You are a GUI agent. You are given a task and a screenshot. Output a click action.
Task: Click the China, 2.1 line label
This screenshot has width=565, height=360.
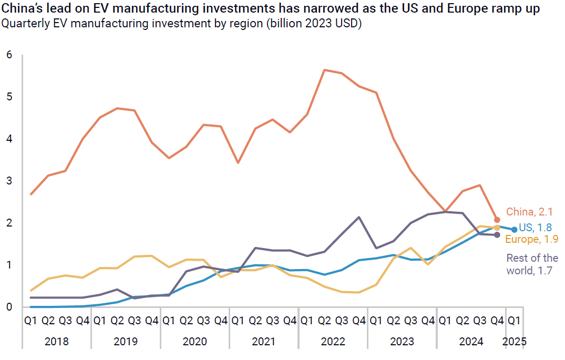point(529,212)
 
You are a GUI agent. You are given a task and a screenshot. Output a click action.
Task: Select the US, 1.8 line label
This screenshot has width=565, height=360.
point(536,228)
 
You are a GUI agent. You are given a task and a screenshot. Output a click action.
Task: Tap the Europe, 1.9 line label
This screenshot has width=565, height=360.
point(531,240)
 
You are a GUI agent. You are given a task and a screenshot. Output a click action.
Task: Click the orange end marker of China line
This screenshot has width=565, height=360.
point(497,220)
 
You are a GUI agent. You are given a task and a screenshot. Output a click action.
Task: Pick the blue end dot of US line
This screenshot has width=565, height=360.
point(515,230)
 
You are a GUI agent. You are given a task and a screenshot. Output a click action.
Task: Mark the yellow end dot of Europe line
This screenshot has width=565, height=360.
point(497,228)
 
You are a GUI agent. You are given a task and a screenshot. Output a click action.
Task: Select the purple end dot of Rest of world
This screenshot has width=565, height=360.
point(497,235)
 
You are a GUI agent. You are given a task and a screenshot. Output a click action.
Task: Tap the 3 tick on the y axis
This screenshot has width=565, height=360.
point(9,181)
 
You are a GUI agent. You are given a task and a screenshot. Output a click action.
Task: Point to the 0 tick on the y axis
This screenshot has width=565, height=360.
point(9,307)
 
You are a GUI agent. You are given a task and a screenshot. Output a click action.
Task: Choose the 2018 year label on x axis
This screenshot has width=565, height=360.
point(56,342)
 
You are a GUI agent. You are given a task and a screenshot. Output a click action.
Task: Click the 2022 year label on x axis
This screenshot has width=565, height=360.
point(333,342)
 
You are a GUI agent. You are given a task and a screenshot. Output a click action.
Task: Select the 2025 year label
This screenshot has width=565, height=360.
point(515,342)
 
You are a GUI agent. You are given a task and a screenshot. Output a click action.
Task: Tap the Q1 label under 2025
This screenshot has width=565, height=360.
point(515,320)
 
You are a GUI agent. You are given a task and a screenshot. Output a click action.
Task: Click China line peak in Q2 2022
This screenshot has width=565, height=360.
point(324,70)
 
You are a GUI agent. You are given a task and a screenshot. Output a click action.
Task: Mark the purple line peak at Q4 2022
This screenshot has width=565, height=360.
point(359,217)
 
